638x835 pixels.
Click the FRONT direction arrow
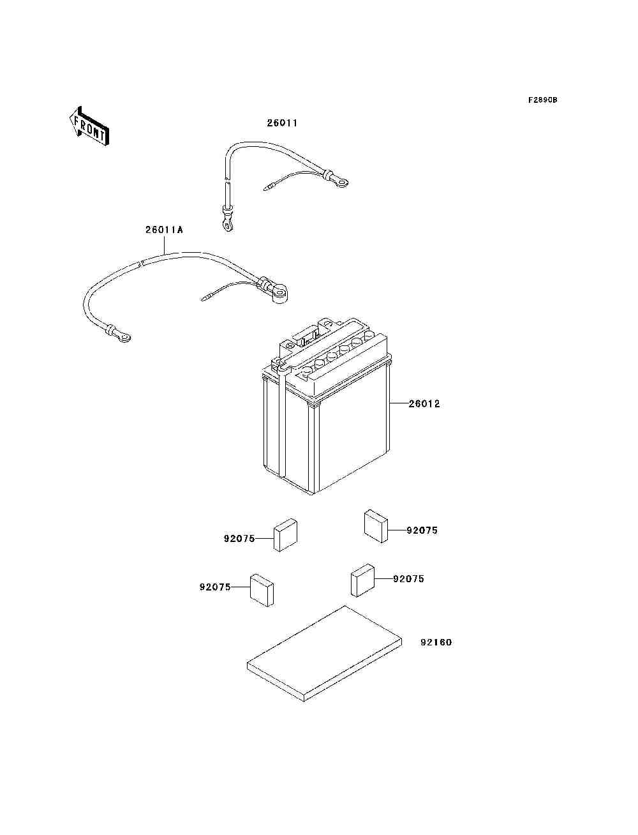(x=89, y=126)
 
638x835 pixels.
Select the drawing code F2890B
(x=542, y=100)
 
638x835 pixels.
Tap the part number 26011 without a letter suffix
(x=282, y=123)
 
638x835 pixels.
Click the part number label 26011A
(x=164, y=230)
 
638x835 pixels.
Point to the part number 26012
(x=424, y=403)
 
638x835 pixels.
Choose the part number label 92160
(x=436, y=642)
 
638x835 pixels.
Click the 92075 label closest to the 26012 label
(x=422, y=530)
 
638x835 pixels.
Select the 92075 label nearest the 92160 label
(x=408, y=579)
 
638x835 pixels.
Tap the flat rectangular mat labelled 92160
(x=324, y=654)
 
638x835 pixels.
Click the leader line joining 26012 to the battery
(x=399, y=403)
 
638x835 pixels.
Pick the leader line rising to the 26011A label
(x=164, y=244)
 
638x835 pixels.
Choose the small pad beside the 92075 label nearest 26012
(x=376, y=526)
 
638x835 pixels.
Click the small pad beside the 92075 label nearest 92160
(x=362, y=580)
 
